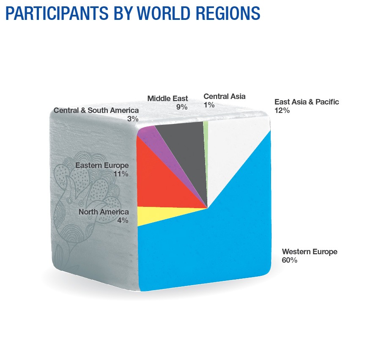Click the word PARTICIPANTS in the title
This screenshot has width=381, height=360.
tap(57, 13)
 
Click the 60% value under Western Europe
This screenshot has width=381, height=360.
tap(289, 260)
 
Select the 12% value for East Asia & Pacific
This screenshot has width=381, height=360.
tap(282, 110)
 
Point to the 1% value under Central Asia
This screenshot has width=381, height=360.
tap(209, 105)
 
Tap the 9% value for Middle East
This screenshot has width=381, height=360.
tap(182, 107)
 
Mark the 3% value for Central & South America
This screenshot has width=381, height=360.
tap(133, 119)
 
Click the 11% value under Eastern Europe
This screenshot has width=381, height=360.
tap(121, 174)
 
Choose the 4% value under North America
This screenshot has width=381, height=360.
tap(123, 220)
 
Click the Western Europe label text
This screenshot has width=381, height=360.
tap(310, 252)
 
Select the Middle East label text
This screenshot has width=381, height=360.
tap(167, 99)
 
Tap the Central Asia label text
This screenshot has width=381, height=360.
tap(225, 96)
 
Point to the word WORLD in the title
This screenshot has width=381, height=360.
tap(163, 13)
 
